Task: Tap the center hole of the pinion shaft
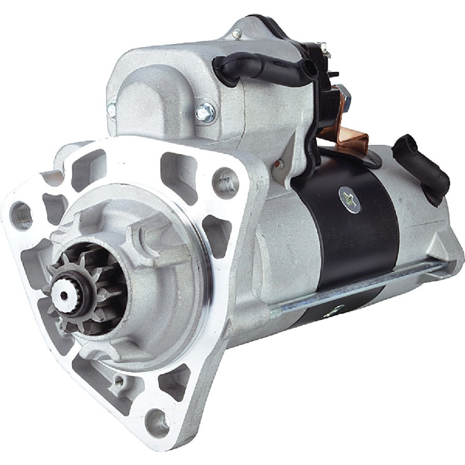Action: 64,296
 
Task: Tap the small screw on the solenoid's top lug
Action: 237,34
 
